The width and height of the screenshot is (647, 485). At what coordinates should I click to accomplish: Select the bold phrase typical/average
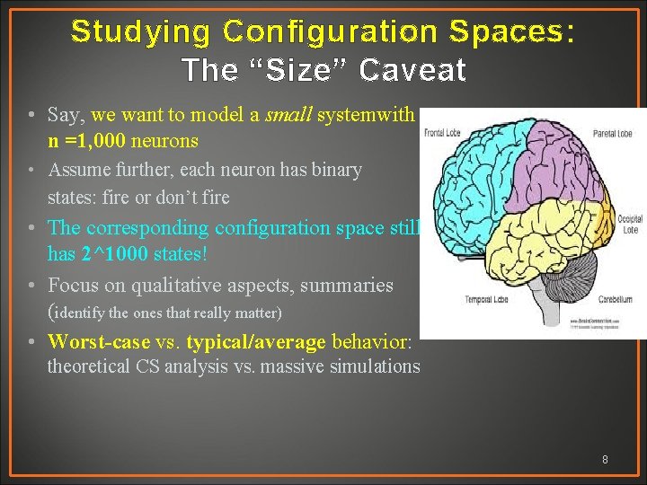click(256, 342)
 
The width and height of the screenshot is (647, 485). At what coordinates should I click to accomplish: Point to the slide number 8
click(605, 460)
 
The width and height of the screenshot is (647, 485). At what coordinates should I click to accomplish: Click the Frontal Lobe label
click(441, 133)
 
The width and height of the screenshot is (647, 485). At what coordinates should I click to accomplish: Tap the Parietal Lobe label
click(611, 135)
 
